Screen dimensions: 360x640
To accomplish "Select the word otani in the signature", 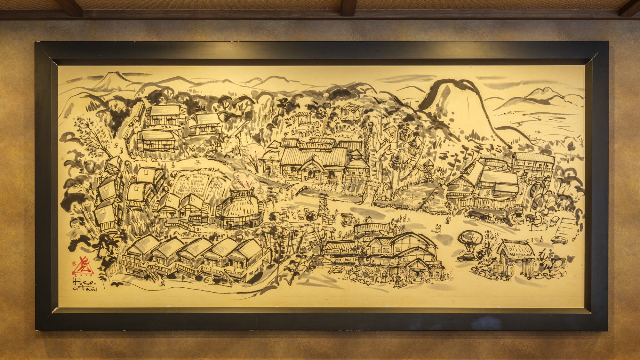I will tap(83, 289).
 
